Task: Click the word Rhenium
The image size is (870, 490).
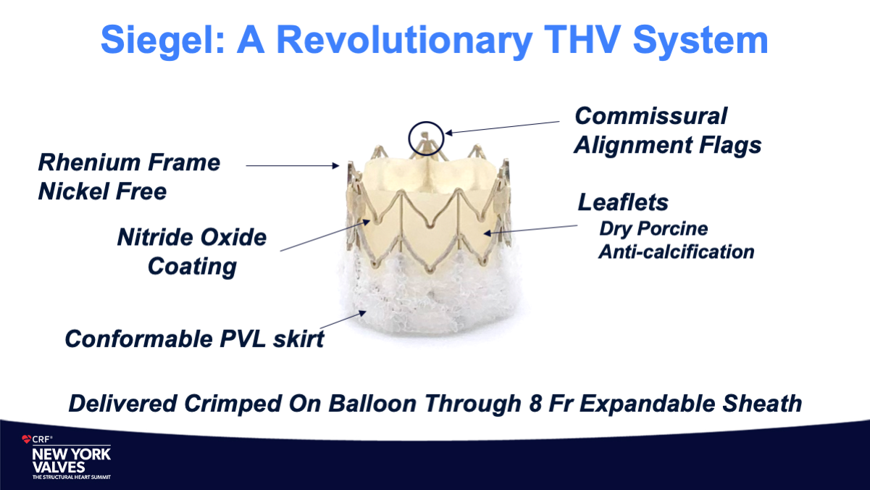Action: click(x=89, y=162)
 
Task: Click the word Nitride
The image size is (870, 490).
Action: click(x=155, y=237)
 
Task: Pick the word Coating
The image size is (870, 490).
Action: click(x=192, y=267)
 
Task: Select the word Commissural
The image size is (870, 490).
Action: click(x=651, y=116)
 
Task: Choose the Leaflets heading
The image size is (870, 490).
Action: click(x=623, y=202)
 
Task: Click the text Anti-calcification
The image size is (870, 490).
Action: click(x=676, y=252)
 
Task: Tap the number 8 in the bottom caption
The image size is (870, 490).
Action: click(x=535, y=403)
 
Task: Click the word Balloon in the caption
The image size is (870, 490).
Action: click(x=372, y=403)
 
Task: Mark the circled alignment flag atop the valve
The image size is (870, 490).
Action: click(x=425, y=138)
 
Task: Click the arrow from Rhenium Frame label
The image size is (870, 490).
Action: click(x=293, y=166)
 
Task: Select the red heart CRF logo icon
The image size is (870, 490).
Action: click(x=26, y=439)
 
